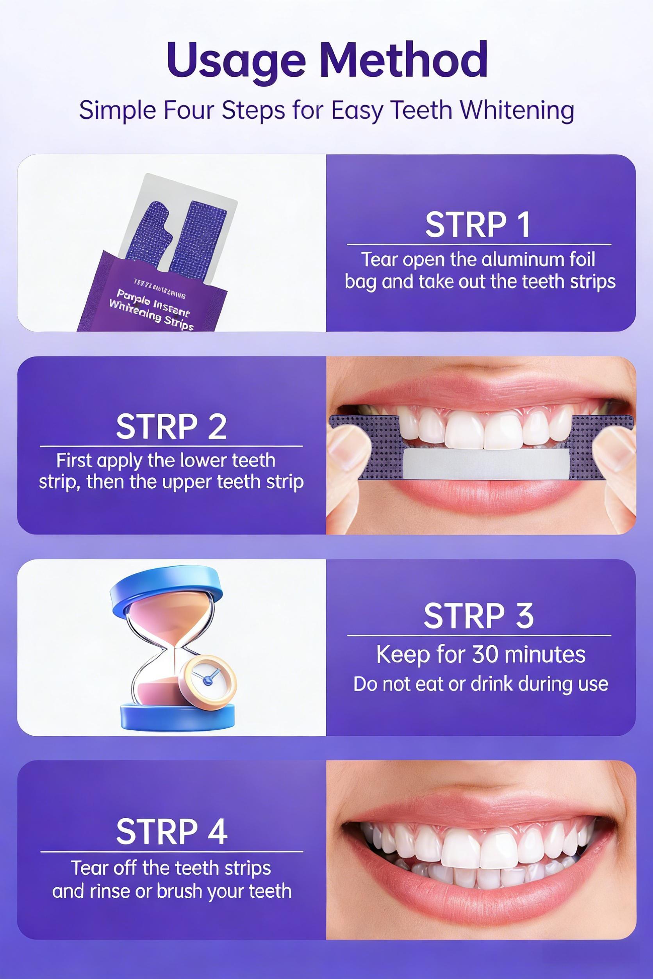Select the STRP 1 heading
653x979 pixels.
[478, 225]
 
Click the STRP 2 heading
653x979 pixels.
[171, 427]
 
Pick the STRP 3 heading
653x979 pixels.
[478, 616]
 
